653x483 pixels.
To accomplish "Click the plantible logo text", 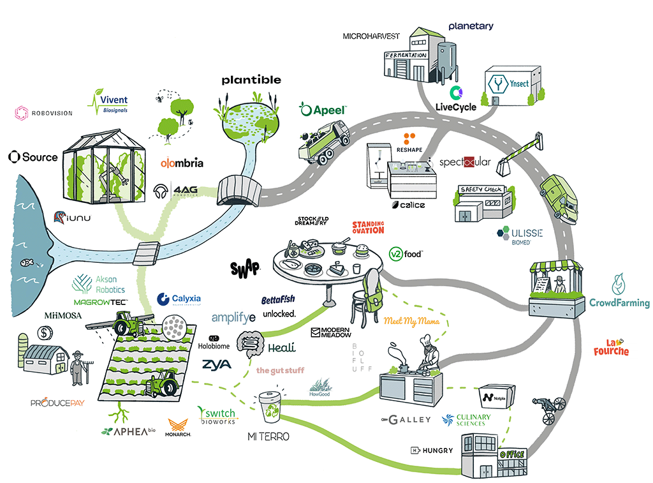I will pos(251,80).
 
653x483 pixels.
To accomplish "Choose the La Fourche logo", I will pos(611,346).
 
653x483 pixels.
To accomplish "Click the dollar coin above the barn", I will pos(45,332).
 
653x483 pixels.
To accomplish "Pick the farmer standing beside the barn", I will pos(78,369).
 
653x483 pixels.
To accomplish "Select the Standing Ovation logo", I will pos(369,227).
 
